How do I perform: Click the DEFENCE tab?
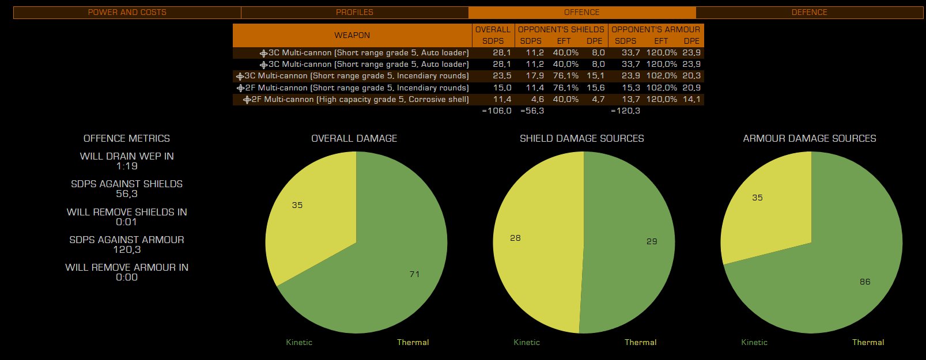click(x=809, y=12)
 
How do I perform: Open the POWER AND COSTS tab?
click(x=127, y=12)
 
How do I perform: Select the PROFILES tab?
click(x=354, y=12)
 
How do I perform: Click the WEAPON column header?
click(x=352, y=35)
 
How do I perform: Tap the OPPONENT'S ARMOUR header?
click(x=656, y=29)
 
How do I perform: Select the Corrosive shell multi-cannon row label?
click(x=360, y=100)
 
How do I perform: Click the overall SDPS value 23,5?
click(x=502, y=76)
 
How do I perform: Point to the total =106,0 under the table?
click(x=497, y=111)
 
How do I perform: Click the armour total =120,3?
click(x=626, y=111)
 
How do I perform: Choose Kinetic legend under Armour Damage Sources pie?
click(x=754, y=342)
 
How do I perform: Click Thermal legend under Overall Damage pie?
click(x=413, y=342)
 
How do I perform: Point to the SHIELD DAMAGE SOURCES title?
click(x=581, y=138)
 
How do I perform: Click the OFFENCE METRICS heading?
click(x=127, y=138)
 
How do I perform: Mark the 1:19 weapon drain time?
click(x=127, y=166)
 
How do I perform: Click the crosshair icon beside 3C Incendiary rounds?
click(x=240, y=76)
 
